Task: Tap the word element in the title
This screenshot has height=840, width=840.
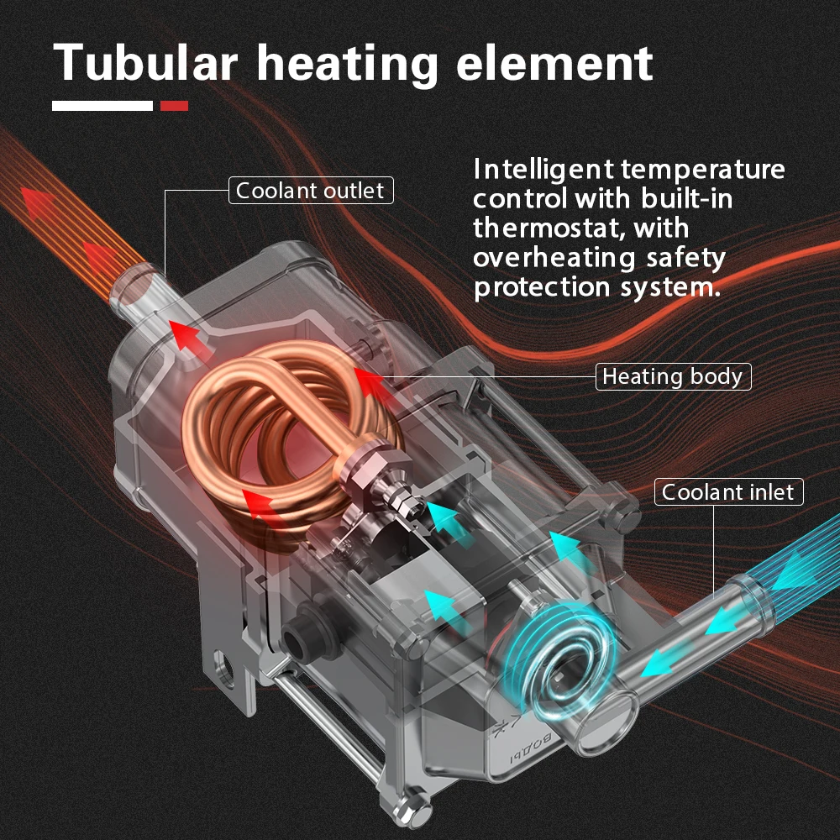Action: (x=554, y=62)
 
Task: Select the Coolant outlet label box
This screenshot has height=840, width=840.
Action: (x=311, y=191)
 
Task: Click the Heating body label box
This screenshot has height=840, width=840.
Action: (x=673, y=376)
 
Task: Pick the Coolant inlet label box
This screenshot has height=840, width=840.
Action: (x=728, y=492)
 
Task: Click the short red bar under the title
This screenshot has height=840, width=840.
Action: (x=174, y=106)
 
